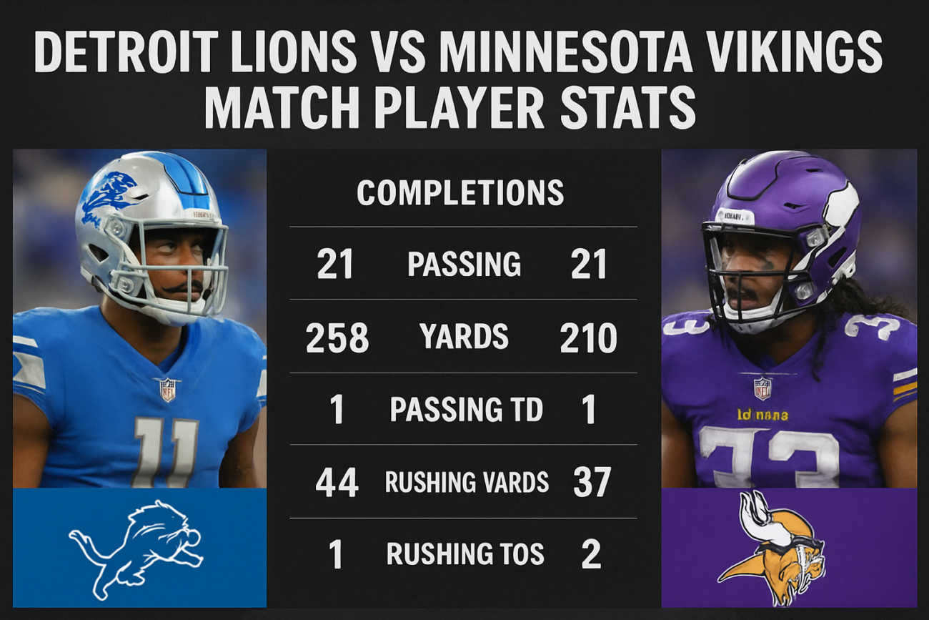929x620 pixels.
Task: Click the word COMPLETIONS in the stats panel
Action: tap(460, 193)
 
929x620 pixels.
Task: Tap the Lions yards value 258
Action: tap(337, 338)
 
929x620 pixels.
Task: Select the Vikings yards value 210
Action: tap(588, 338)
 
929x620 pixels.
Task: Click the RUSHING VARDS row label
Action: tap(467, 483)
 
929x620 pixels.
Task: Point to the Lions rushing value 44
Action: tap(337, 483)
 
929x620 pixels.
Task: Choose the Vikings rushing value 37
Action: tap(592, 483)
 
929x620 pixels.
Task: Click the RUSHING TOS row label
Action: tap(465, 554)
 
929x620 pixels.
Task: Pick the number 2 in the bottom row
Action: tap(591, 554)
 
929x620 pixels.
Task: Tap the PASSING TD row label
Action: tap(466, 410)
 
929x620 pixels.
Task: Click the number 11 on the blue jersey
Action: tap(165, 453)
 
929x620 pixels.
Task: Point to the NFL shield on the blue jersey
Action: tap(167, 389)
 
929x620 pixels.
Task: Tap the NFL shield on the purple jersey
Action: tap(762, 387)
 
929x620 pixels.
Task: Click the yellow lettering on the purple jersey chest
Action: tap(762, 414)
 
